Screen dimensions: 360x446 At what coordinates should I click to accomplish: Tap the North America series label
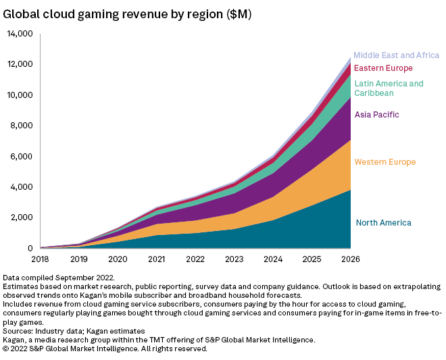coord(383,223)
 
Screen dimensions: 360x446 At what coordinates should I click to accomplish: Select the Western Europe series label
coord(385,162)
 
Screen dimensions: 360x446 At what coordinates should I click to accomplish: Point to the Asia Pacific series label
coord(376,115)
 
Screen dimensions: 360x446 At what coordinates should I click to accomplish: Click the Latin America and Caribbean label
coord(389,88)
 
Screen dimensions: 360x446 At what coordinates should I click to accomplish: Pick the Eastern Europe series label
coord(383,68)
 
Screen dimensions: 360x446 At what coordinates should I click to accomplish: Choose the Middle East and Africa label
coord(396,55)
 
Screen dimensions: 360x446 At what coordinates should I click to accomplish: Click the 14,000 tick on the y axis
coord(20,34)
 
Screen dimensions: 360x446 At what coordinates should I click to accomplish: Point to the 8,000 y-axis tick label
coord(22,126)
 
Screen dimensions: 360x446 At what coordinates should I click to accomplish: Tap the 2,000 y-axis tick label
coord(22,217)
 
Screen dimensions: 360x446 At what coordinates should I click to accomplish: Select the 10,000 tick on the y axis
coord(20,95)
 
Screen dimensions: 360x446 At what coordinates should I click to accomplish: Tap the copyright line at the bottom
coord(105,349)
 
